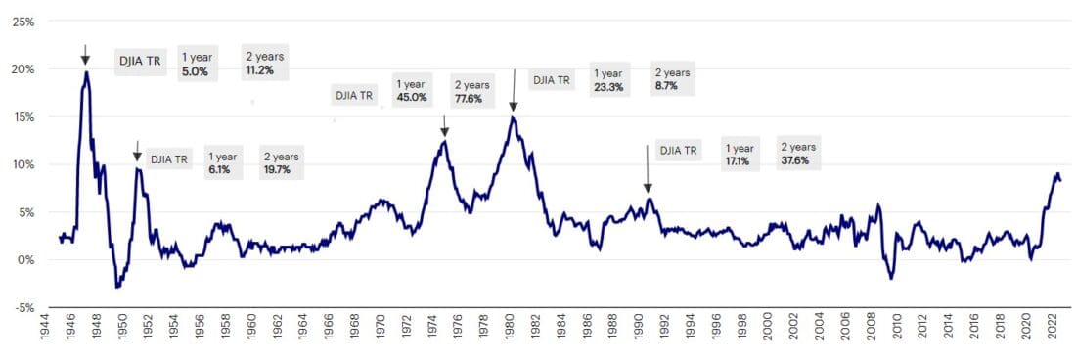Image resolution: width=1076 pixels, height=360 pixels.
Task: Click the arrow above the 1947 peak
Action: point(85,55)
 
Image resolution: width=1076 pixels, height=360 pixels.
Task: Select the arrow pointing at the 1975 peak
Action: point(444,126)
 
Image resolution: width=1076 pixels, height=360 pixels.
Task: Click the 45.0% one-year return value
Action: point(411,97)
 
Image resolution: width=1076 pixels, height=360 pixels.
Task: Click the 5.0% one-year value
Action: point(195,71)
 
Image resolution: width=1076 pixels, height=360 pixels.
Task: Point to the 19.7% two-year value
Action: point(279,169)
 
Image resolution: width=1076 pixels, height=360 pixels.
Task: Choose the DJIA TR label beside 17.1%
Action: point(679,151)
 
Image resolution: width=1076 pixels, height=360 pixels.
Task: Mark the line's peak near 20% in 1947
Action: point(86,71)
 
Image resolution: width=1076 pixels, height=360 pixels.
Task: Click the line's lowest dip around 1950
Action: point(117,287)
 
